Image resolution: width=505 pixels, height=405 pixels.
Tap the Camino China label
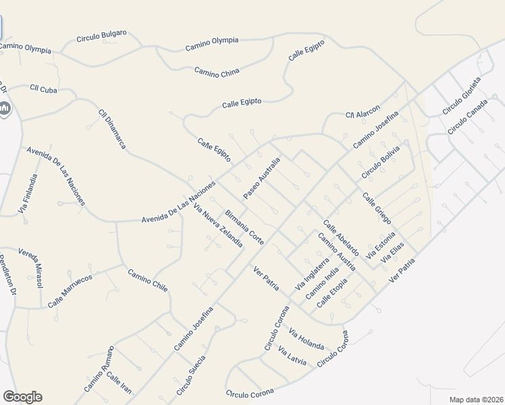(217, 72)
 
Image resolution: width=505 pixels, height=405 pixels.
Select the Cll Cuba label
(43, 89)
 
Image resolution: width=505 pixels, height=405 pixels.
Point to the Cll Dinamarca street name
(112, 129)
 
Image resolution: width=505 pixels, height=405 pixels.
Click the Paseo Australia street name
(261, 178)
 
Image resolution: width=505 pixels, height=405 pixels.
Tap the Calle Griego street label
(377, 209)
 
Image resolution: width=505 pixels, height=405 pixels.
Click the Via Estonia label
(381, 246)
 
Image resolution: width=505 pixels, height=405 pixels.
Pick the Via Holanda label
(307, 338)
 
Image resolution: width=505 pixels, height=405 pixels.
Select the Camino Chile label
(148, 280)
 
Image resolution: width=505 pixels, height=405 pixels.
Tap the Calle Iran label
(119, 384)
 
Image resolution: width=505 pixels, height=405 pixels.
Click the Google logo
(22, 397)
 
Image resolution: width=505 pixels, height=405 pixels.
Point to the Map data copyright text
(476, 400)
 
